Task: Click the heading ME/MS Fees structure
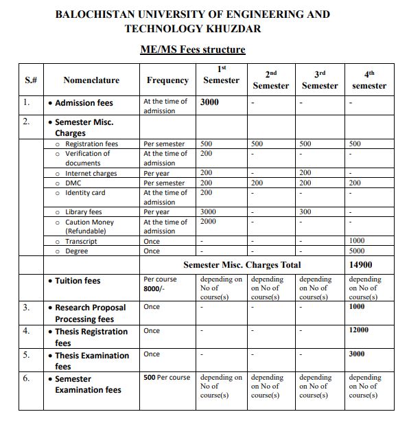tap(192, 49)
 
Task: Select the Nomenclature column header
tap(91, 80)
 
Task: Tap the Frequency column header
tap(167, 80)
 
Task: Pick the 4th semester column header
tap(369, 80)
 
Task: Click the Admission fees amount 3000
tap(209, 102)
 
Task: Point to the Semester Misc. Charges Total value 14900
tap(361, 264)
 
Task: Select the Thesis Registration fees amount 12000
tap(359, 330)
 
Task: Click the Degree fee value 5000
tap(357, 251)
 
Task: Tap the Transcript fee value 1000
tap(357, 241)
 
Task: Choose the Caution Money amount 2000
tap(208, 222)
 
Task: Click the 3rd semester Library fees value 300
tap(305, 212)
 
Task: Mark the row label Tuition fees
tap(77, 281)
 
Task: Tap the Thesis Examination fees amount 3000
tap(357, 354)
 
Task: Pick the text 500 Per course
tap(167, 378)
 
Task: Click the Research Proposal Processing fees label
tap(90, 314)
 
